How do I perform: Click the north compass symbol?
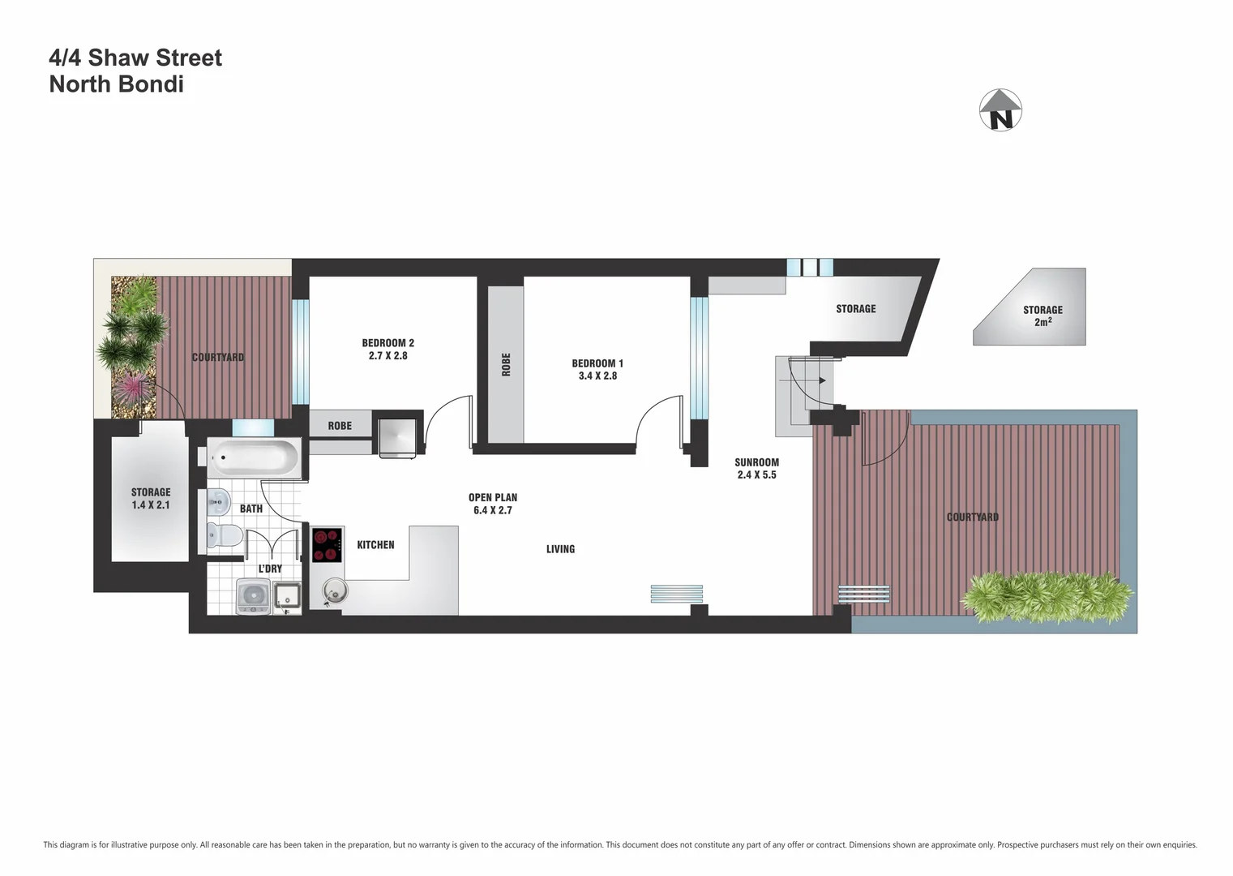coord(1001,110)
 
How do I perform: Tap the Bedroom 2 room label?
coord(387,343)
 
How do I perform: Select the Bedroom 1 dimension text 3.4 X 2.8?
coord(597,376)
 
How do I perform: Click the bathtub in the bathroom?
coord(254,458)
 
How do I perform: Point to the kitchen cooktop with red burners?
coord(328,545)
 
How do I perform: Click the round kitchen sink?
coord(333,591)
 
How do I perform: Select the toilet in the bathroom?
coord(223,536)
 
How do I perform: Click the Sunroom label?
coord(756,462)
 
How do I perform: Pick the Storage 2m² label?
coord(1042,316)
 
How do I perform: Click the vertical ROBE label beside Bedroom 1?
coord(506,364)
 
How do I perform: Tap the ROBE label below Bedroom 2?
coord(340,426)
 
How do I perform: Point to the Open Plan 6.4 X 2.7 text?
coord(492,504)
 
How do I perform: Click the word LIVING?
coord(560,549)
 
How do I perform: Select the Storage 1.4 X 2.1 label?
coord(151,498)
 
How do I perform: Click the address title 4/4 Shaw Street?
coord(135,58)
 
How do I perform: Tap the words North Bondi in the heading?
coord(116,84)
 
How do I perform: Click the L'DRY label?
coord(270,569)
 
